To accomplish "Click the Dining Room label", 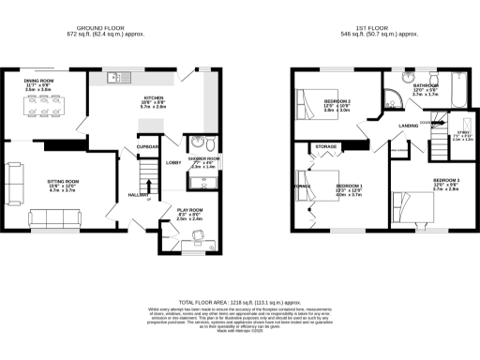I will pyautogui.click(x=40, y=82).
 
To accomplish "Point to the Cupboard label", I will pyautogui.click(x=147, y=147).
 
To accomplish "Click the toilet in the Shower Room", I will pyautogui.click(x=211, y=143).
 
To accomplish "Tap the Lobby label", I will pyautogui.click(x=172, y=163).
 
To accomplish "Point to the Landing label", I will pyautogui.click(x=408, y=125).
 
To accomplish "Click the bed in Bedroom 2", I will pyautogui.click(x=309, y=96).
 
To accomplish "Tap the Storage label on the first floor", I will pyautogui.click(x=325, y=147).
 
